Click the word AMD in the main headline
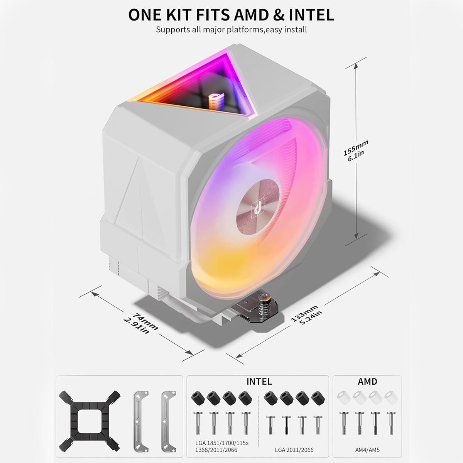251,15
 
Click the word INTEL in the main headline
311,15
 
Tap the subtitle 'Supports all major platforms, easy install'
231,30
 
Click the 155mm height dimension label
355,151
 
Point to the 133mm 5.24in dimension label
306,314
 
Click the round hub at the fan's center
259,206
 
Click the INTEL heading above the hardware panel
259,382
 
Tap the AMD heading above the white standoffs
367,382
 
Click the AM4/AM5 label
367,450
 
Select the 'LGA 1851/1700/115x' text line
222,443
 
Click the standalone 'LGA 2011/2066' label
294,450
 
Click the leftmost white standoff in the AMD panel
344,398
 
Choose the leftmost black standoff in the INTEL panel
198,398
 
